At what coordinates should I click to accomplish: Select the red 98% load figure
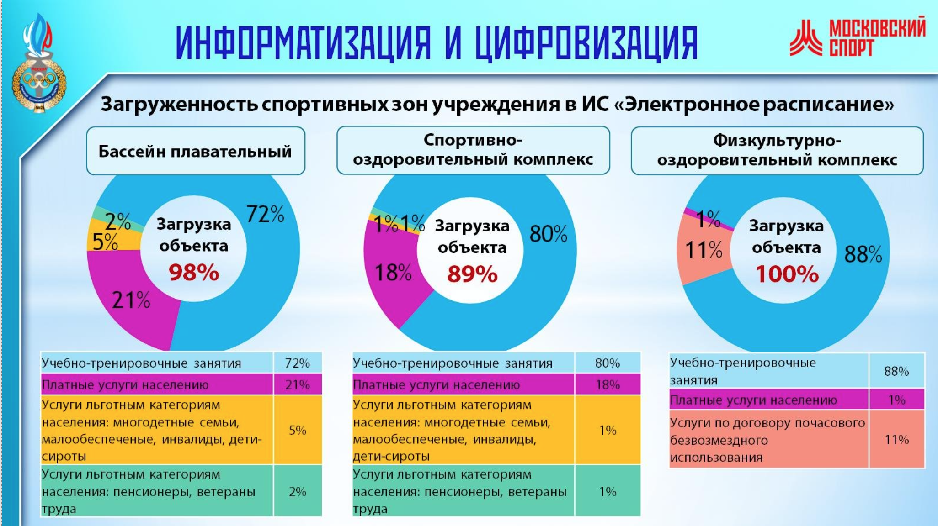[x=194, y=273]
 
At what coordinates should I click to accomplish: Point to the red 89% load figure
[x=472, y=274]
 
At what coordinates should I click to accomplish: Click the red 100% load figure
[x=787, y=274]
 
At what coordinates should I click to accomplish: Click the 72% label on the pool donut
[x=265, y=214]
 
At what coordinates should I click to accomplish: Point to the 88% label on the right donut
[x=863, y=254]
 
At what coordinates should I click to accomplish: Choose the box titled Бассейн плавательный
[x=195, y=151]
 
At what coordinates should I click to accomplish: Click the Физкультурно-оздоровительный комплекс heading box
[x=777, y=151]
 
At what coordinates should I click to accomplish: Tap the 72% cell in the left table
[x=297, y=363]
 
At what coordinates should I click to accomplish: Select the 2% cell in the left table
[x=297, y=491]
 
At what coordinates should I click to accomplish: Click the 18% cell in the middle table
[x=608, y=384]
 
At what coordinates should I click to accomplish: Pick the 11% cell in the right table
[x=896, y=440]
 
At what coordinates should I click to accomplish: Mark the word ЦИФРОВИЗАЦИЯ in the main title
[x=586, y=43]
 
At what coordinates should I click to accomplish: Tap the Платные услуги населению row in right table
[x=768, y=400]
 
